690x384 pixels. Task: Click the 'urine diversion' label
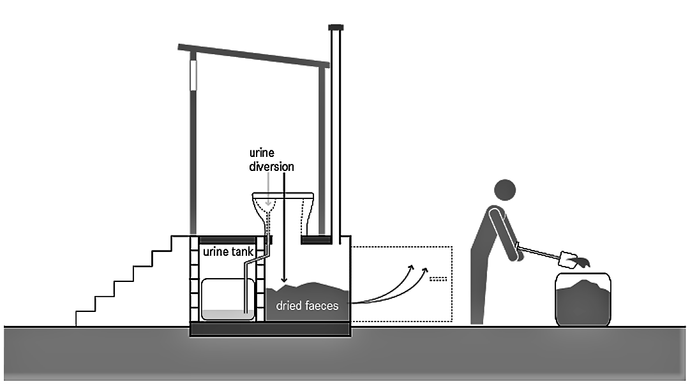(272, 161)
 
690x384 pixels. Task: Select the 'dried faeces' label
(307, 306)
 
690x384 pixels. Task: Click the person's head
(504, 190)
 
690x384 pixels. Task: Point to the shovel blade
(567, 258)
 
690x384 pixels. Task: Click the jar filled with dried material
(582, 299)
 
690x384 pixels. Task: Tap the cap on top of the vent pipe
(336, 27)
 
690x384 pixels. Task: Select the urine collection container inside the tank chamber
(228, 299)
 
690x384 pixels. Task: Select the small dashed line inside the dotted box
(437, 279)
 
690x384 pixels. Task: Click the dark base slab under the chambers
(271, 330)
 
